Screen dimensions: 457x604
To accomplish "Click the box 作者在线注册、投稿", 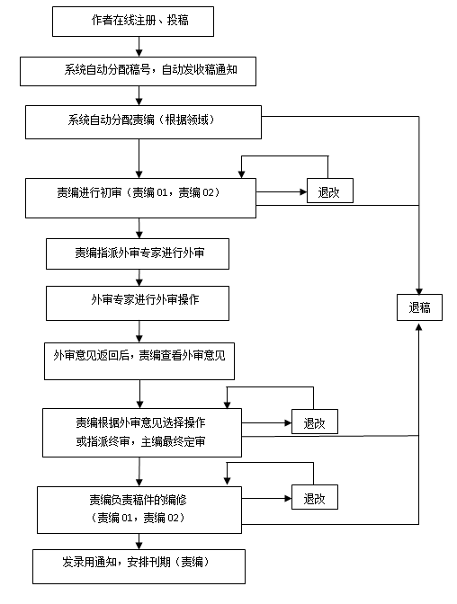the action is [133, 22].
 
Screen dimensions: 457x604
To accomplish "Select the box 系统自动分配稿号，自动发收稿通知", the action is [138, 71].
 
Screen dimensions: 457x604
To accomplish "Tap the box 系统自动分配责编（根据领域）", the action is [143, 122].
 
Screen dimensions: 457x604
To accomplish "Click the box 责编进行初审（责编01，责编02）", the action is [140, 198].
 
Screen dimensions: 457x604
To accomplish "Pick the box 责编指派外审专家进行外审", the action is [138, 253].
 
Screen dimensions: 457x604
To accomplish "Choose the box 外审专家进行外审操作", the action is [138, 303].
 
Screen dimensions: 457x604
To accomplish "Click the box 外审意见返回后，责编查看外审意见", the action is [139, 361].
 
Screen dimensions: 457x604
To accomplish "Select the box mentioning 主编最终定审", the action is [142, 433].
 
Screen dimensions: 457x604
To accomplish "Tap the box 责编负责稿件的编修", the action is [139, 510].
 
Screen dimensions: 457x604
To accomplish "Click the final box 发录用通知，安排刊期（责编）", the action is [139, 566].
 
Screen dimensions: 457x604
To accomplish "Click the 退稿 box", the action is [419, 307].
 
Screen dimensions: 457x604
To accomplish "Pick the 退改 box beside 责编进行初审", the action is [330, 191].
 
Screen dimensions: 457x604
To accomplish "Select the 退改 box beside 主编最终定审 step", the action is [315, 422].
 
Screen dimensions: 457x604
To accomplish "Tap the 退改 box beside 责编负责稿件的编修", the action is [315, 497].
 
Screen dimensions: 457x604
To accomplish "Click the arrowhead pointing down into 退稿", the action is [419, 291].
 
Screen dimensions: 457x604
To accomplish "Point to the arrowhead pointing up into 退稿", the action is [419, 326].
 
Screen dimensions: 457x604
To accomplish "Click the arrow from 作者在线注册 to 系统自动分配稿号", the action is [139, 47].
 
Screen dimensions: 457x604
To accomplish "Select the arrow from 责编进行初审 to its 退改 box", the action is [282, 191].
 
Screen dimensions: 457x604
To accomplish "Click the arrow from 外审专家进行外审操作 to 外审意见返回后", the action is [139, 332].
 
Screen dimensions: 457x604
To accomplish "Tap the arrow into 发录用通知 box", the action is [139, 542].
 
